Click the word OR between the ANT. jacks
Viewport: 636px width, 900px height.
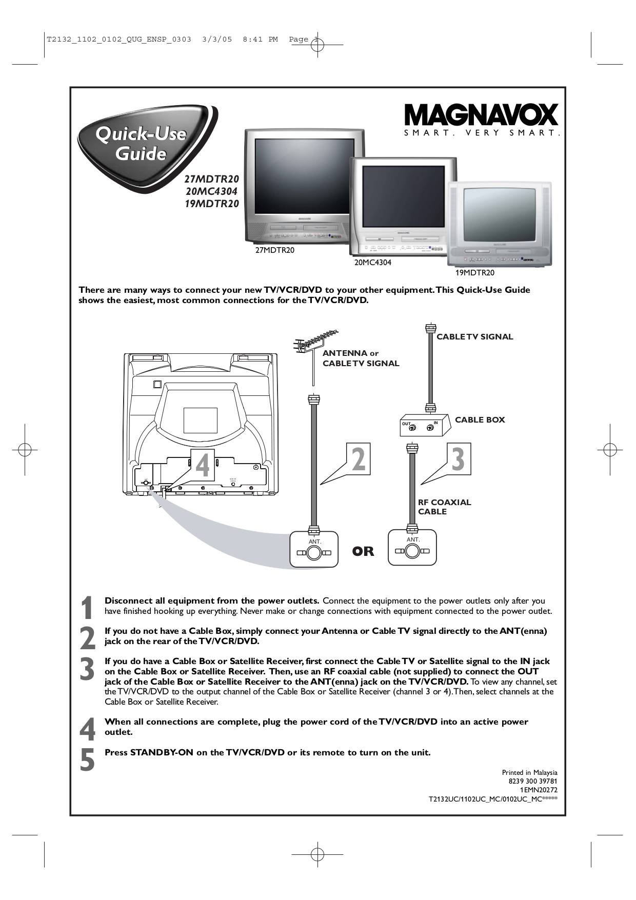[x=363, y=552]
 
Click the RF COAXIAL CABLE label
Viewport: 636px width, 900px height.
[x=444, y=507]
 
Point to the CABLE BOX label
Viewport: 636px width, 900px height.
[x=480, y=419]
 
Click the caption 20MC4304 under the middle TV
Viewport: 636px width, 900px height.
[x=372, y=262]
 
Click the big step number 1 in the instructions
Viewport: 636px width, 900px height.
[x=88, y=608]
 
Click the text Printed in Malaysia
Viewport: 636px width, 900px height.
[x=529, y=772]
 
